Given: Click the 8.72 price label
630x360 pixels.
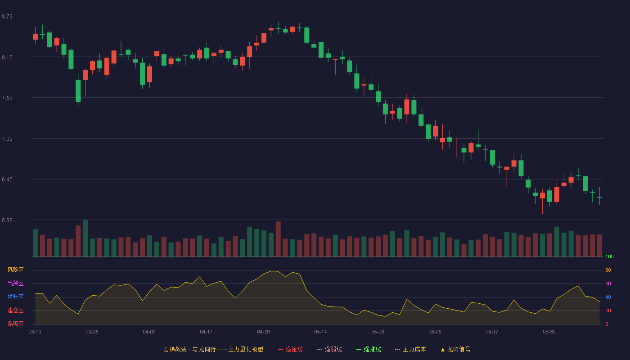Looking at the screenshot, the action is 7,17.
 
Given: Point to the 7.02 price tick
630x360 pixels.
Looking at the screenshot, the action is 7,139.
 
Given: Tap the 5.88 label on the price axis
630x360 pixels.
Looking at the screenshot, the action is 7,220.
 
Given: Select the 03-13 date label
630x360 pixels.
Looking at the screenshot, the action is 35,332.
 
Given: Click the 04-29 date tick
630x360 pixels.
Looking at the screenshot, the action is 263,332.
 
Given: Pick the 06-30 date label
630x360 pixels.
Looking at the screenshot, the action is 549,332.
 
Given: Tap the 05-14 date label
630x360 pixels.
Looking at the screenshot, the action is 320,332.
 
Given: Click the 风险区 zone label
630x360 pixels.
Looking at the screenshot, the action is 15,270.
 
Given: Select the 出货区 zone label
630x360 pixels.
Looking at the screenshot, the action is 15,283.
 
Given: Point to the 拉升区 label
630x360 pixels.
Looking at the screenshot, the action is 15,297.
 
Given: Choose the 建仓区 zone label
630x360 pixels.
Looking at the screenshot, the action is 15,310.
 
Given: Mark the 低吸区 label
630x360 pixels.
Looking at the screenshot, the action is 15,324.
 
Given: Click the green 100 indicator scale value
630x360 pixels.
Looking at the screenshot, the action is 609,256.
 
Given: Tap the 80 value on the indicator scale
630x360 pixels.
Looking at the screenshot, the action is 608,270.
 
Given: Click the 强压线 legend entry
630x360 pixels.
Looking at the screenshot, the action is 290,349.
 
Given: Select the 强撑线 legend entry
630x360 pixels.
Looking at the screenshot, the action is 369,349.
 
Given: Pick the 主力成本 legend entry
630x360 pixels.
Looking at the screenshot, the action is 410,349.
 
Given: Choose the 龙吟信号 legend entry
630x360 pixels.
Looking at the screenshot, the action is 455,349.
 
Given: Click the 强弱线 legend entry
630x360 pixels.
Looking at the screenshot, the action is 329,349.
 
